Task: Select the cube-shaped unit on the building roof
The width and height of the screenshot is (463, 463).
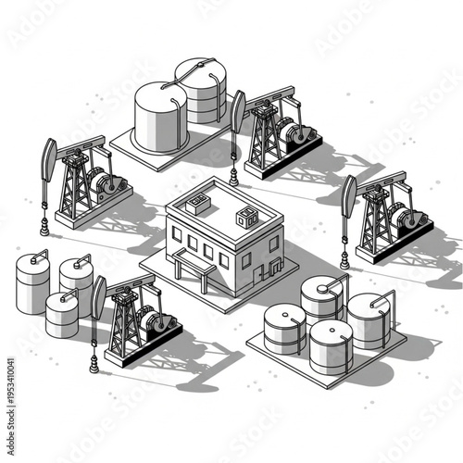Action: point(247,218)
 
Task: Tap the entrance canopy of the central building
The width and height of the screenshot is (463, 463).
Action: point(191,263)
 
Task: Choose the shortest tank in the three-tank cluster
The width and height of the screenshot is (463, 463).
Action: point(62,314)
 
